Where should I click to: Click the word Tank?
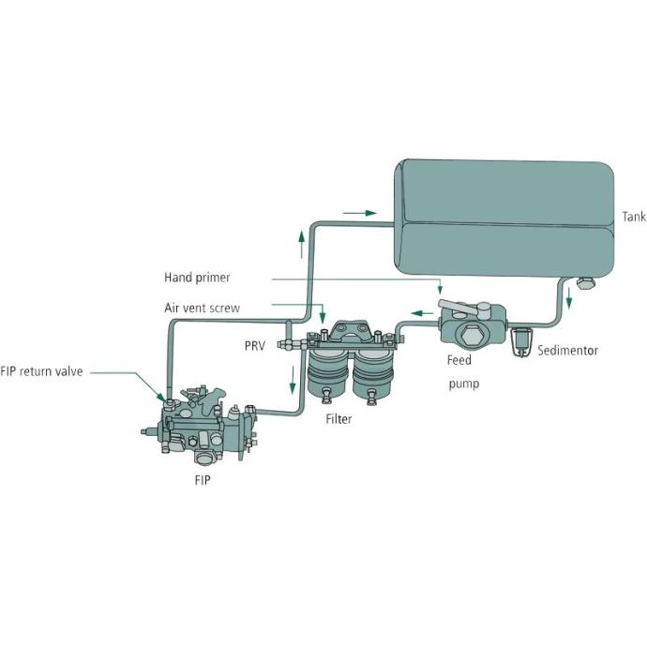tap(634, 217)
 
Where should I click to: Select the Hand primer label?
tap(197, 278)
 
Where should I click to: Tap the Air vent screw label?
tap(203, 307)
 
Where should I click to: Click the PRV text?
tap(254, 346)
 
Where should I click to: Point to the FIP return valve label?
tap(42, 371)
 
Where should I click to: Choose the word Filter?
tap(339, 419)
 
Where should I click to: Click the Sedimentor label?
tap(568, 351)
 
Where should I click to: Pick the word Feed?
tap(459, 360)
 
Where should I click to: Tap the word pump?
tap(463, 384)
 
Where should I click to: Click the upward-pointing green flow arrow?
tap(301, 244)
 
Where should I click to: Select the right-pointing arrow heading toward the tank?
tap(359, 213)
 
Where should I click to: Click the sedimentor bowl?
tap(521, 344)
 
